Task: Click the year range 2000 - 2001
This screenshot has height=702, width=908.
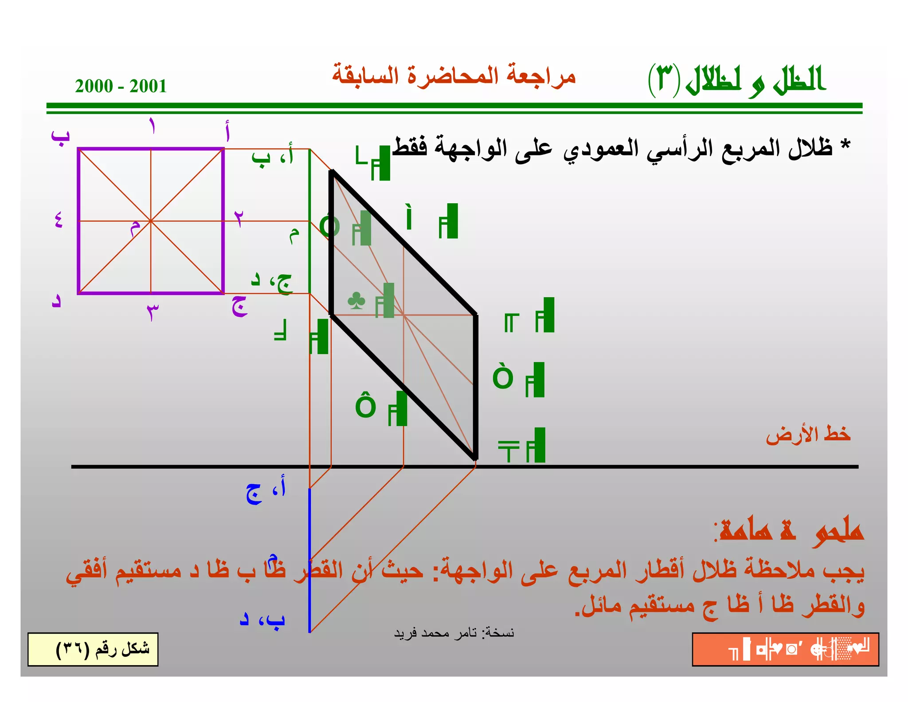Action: (121, 86)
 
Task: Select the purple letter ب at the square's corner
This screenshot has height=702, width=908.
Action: (60, 136)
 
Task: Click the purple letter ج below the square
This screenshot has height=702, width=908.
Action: (239, 306)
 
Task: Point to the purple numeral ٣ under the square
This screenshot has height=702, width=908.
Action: (152, 312)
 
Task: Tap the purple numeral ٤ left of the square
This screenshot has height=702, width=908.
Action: (59, 220)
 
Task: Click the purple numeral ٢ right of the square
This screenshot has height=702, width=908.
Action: (239, 218)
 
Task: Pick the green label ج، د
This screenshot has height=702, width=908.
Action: (271, 282)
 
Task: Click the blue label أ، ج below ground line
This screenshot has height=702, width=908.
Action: (266, 492)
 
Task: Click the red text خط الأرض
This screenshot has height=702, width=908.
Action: (808, 434)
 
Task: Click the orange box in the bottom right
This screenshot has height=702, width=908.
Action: (785, 649)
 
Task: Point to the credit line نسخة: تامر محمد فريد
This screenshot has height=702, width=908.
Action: (454, 633)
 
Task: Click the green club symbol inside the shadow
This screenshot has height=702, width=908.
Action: (356, 301)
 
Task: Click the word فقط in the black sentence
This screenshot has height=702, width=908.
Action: (409, 147)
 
